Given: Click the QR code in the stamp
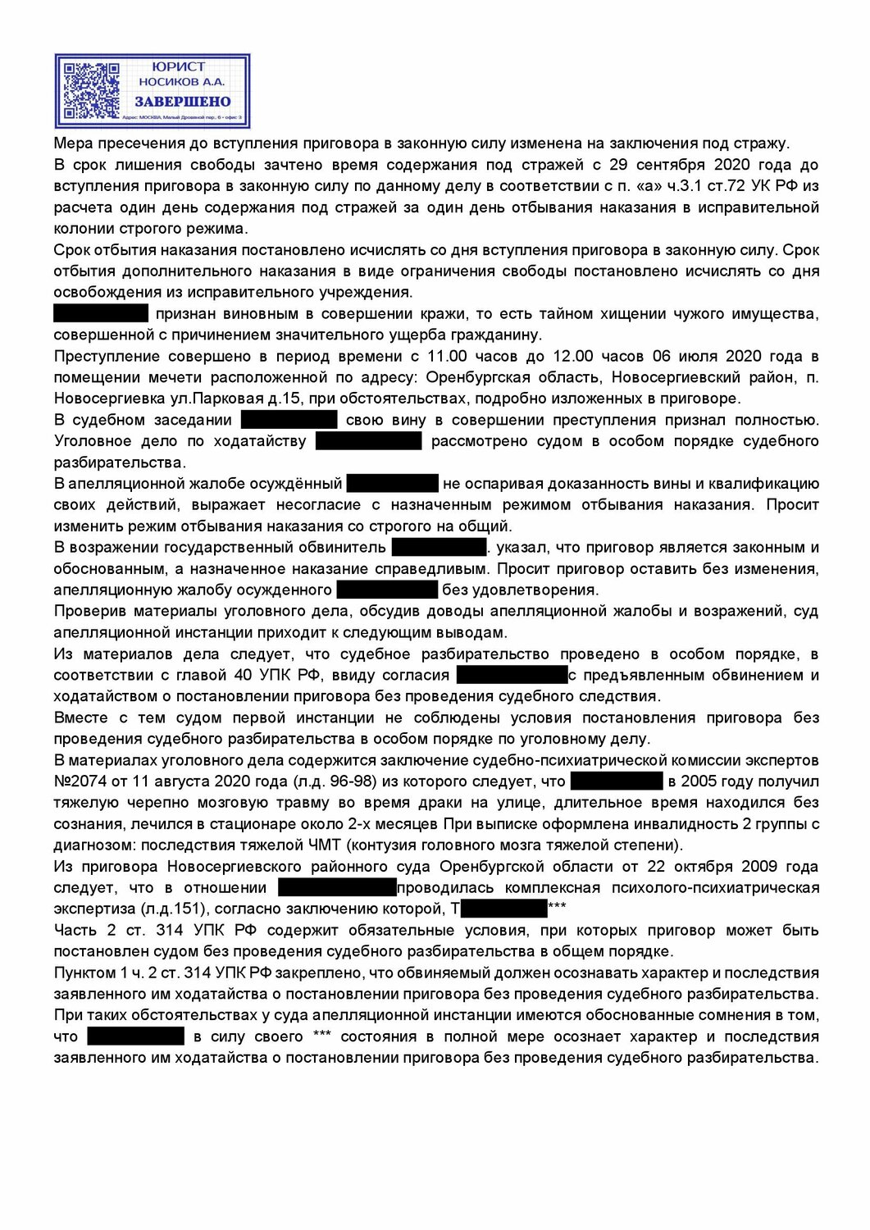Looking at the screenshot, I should pyautogui.click(x=92, y=90).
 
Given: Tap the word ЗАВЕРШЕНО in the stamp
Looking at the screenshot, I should pyautogui.click(x=183, y=102).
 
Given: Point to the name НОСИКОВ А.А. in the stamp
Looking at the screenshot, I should pyautogui.click(x=181, y=82).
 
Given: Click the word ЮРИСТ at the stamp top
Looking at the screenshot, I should pyautogui.click(x=179, y=66).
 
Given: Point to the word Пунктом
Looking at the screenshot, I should pyautogui.click(x=84, y=973).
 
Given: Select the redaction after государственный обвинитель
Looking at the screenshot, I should pyautogui.click(x=440, y=548).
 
